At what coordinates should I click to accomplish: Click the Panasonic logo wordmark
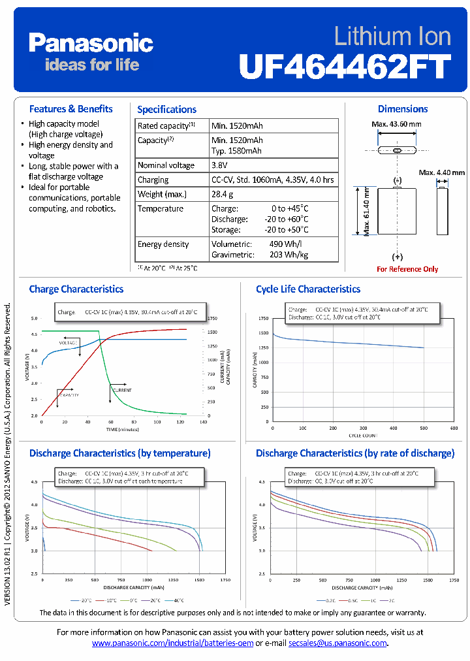click(x=91, y=44)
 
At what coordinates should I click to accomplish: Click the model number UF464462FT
click(x=345, y=66)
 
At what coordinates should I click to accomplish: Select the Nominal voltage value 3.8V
click(x=220, y=165)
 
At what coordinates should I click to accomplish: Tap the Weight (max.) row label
click(x=162, y=194)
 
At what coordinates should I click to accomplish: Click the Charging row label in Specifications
click(x=153, y=180)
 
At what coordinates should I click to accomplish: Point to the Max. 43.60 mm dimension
click(x=396, y=124)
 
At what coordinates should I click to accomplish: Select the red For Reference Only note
click(x=407, y=269)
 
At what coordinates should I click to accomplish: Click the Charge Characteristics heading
click(x=76, y=289)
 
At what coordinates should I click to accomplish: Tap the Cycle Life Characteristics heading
click(x=308, y=289)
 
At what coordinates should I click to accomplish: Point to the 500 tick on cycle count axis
click(x=424, y=428)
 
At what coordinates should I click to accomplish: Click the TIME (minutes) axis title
click(x=122, y=430)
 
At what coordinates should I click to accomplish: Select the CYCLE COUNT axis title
click(x=362, y=435)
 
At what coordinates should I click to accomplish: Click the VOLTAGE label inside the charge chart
click(x=69, y=343)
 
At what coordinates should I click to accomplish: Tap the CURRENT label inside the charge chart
click(x=122, y=390)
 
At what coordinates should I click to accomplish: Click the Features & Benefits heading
click(x=71, y=109)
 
